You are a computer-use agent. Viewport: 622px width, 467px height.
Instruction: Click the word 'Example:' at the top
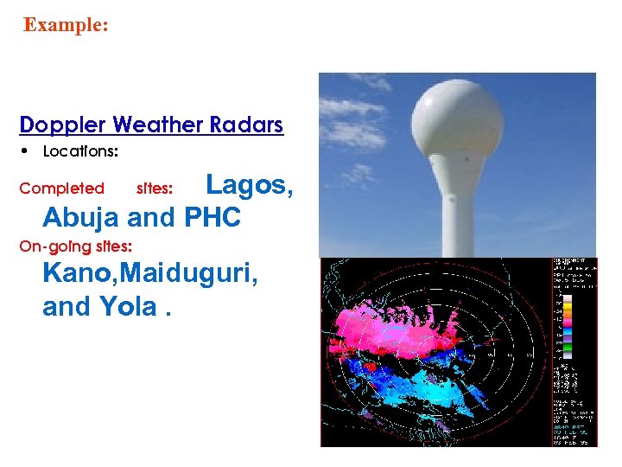pyautogui.click(x=66, y=25)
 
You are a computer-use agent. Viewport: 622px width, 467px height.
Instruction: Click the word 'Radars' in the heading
pyautogui.click(x=245, y=125)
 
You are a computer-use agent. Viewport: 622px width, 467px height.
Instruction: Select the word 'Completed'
pyautogui.click(x=61, y=189)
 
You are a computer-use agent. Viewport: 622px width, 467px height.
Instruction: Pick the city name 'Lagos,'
pyautogui.click(x=250, y=184)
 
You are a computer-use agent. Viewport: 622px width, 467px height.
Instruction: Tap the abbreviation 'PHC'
pyautogui.click(x=213, y=217)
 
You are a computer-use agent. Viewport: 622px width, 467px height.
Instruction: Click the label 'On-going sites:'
pyautogui.click(x=75, y=246)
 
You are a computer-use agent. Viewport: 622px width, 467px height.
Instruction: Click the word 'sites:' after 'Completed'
pyautogui.click(x=155, y=189)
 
